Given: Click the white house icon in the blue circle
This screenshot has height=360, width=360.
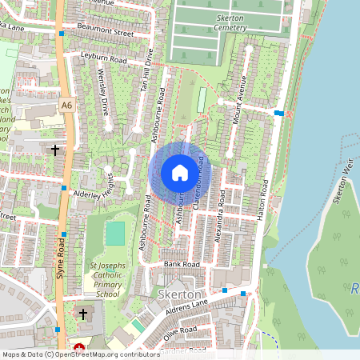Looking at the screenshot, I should click(x=179, y=172).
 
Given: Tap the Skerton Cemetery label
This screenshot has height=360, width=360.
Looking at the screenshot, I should click(x=214, y=22).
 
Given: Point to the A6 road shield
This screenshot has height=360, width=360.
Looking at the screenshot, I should click(x=66, y=105).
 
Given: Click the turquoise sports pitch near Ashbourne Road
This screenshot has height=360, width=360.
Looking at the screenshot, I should click(x=115, y=233).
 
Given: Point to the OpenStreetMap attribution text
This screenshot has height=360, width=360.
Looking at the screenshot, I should click(x=81, y=354).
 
